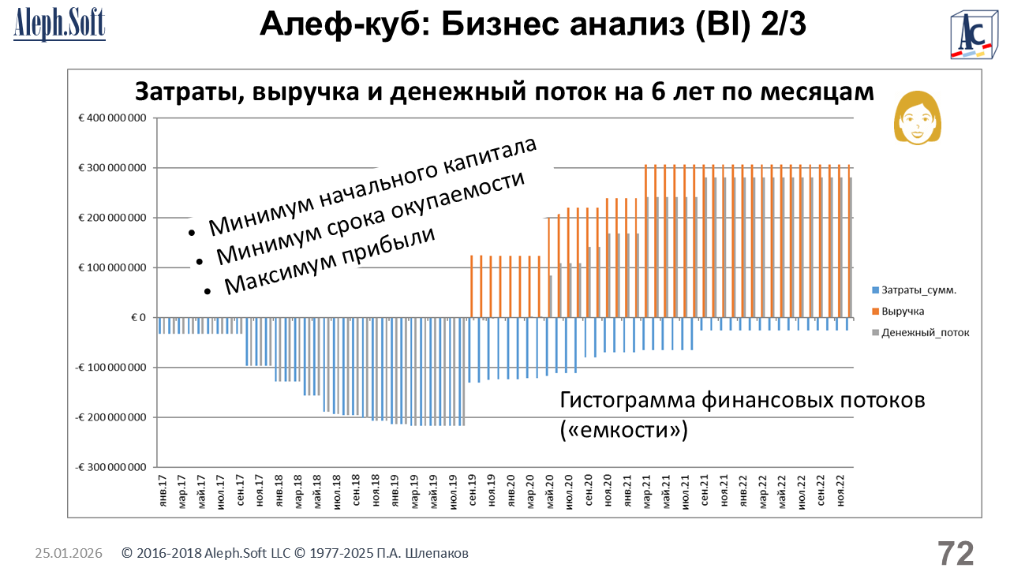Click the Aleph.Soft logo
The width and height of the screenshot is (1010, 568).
pyautogui.click(x=59, y=25)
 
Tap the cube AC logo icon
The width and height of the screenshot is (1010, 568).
pyautogui.click(x=975, y=35)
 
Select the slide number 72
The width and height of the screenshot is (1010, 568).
pyautogui.click(x=956, y=553)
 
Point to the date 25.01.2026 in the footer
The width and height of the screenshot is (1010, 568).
pyautogui.click(x=69, y=554)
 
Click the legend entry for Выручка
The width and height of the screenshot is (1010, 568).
pyautogui.click(x=904, y=311)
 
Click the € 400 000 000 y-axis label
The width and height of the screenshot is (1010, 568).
pyautogui.click(x=111, y=118)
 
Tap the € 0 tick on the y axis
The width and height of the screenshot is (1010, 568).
pyautogui.click(x=139, y=318)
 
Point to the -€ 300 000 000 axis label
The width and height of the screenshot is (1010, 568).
pyautogui.click(x=110, y=467)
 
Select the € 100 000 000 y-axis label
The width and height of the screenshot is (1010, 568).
pyautogui.click(x=111, y=268)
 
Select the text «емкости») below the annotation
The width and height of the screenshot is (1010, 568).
pyautogui.click(x=624, y=430)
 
